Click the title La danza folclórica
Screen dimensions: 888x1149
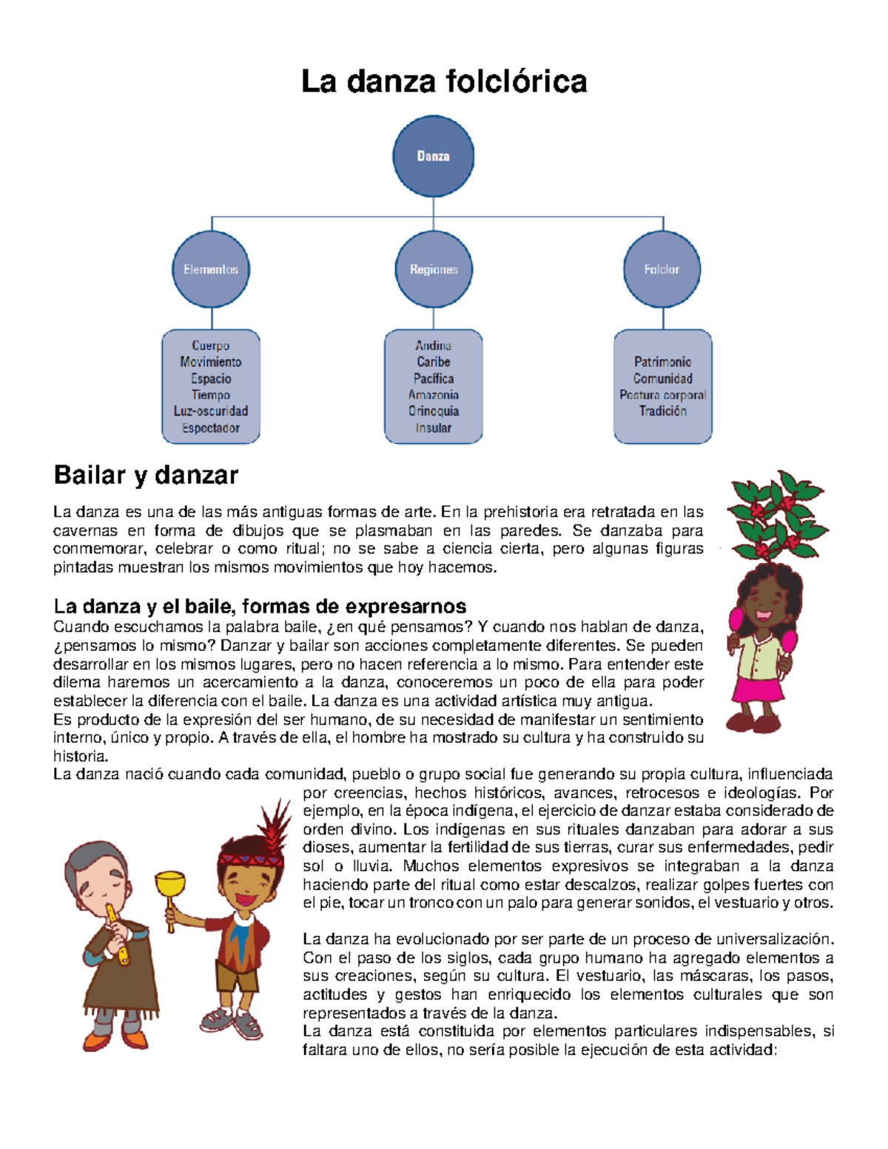[444, 81]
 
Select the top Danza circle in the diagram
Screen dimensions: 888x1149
[433, 156]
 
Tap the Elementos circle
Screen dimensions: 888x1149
[211, 269]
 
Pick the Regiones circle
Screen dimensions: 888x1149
[434, 269]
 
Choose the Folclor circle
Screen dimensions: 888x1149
[662, 269]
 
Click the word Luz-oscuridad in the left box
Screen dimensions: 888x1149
[211, 411]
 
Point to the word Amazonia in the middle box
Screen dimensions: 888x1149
[434, 395]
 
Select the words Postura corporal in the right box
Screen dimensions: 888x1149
[663, 395]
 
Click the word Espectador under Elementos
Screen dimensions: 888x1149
[211, 428]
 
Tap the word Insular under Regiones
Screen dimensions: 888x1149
[434, 428]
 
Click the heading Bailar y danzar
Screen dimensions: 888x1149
[146, 475]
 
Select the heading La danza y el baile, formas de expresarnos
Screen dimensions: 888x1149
[260, 607]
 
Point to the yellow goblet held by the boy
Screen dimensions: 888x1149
[170, 884]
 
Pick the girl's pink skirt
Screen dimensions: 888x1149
[756, 688]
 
